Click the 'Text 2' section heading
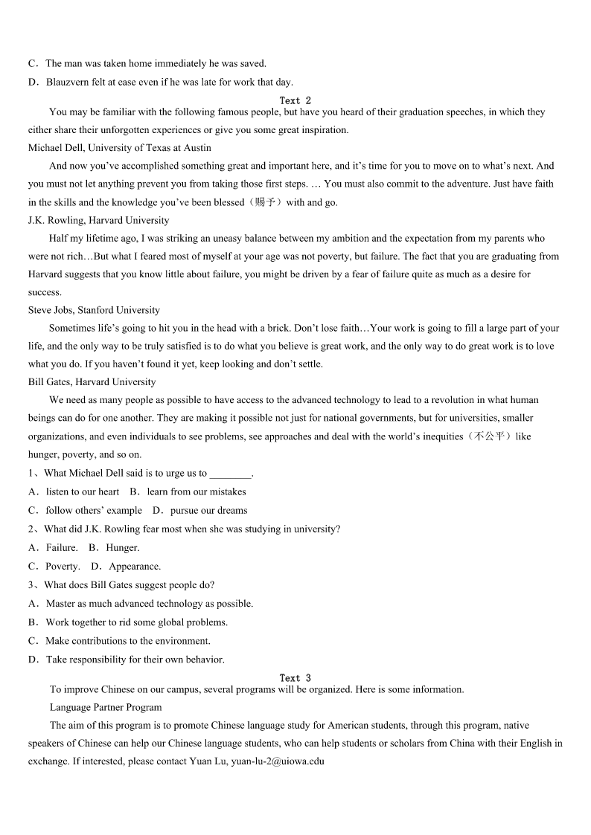click(295, 100)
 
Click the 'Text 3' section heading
click(295, 678)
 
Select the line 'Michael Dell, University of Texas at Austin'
click(120, 148)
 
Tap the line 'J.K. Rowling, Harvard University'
click(98, 220)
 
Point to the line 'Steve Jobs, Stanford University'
click(94, 310)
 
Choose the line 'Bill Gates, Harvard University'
click(92, 382)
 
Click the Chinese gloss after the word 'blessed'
click(264, 202)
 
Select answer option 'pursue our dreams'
click(208, 511)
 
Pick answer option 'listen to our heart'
click(82, 492)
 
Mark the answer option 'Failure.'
click(62, 548)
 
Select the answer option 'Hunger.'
click(123, 548)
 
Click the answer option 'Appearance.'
click(135, 567)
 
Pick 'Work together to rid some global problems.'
click(136, 622)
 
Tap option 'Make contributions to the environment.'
click(128, 641)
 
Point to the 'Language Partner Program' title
click(106, 707)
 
